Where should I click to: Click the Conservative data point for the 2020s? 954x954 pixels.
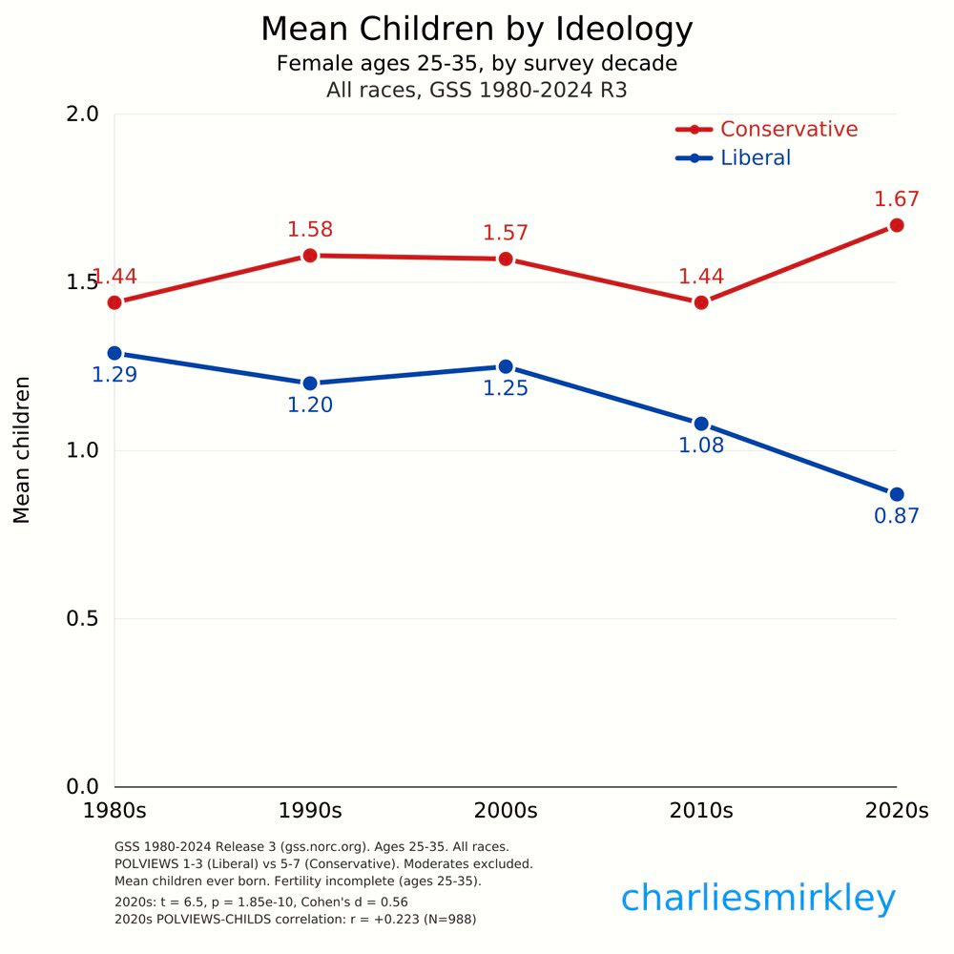896,225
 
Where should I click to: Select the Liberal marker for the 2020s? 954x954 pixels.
896,494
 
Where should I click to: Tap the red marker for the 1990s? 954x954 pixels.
310,256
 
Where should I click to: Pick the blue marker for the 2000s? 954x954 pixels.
506,366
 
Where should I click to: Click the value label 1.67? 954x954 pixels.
896,199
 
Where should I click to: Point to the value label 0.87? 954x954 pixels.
896,517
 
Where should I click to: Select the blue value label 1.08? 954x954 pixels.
701,446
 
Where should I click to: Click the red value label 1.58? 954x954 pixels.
310,230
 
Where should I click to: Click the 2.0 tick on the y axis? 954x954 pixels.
82,114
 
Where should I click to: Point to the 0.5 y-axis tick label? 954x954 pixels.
82,619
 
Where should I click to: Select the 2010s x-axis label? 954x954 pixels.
701,812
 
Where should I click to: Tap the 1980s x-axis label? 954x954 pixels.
114,812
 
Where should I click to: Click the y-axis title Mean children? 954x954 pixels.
22,449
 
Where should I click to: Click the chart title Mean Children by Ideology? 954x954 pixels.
476,30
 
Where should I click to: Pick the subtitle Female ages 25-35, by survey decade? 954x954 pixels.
476,64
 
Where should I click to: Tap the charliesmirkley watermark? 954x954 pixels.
758,899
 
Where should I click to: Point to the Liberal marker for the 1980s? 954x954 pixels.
114,353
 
